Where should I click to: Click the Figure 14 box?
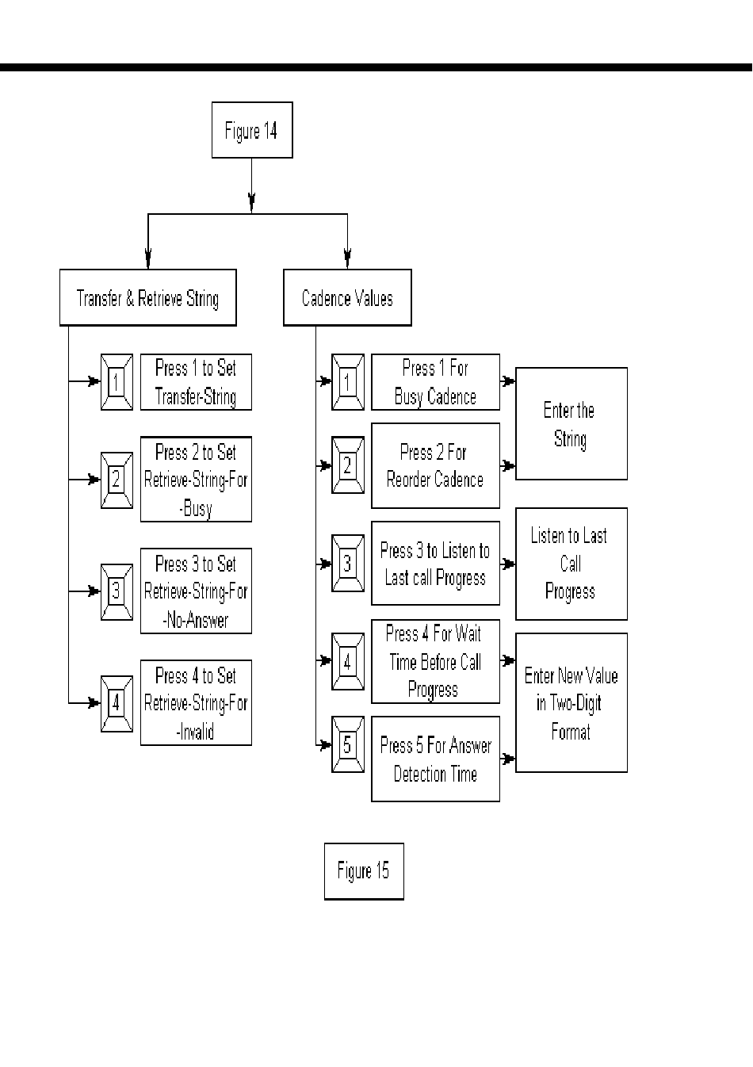pos(252,130)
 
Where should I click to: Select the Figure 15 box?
pos(364,871)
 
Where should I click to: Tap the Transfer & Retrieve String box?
pos(148,298)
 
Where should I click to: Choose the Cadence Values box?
pos(347,298)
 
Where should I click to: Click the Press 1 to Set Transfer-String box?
pos(196,382)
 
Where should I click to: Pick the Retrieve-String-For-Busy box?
pos(196,480)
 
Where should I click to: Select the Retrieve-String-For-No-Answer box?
pos(196,591)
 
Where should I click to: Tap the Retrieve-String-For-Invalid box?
pos(196,703)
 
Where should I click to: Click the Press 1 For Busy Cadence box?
pos(435,382)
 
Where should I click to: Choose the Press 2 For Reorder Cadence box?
pos(435,466)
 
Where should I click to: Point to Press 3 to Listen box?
pos(435,564)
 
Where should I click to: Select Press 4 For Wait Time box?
pos(435,661)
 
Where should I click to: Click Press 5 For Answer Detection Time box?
pos(435,759)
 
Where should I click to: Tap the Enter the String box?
pos(571,424)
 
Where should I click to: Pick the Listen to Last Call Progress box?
pos(571,564)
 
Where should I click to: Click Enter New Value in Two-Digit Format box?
pos(571,703)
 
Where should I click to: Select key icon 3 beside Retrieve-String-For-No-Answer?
pos(117,591)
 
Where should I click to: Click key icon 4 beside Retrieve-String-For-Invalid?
pos(117,703)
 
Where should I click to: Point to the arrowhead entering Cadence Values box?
pos(347,258)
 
